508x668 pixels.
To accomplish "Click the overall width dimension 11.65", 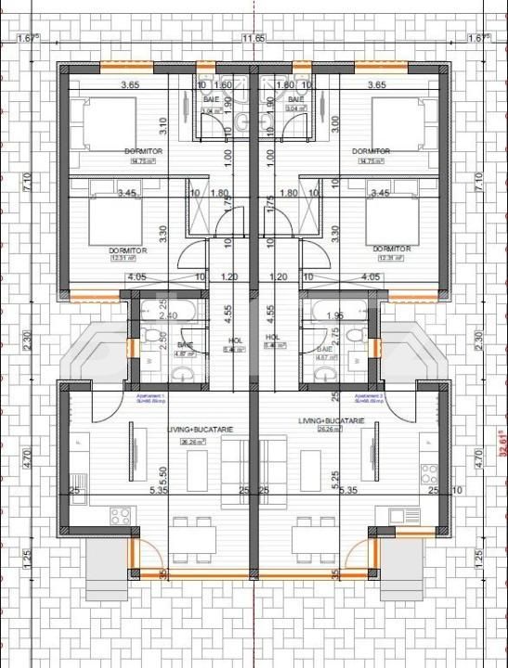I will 254,39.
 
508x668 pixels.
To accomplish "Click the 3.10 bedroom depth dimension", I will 163,122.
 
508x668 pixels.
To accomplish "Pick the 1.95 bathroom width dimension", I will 336,315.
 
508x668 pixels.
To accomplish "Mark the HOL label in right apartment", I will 272,338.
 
